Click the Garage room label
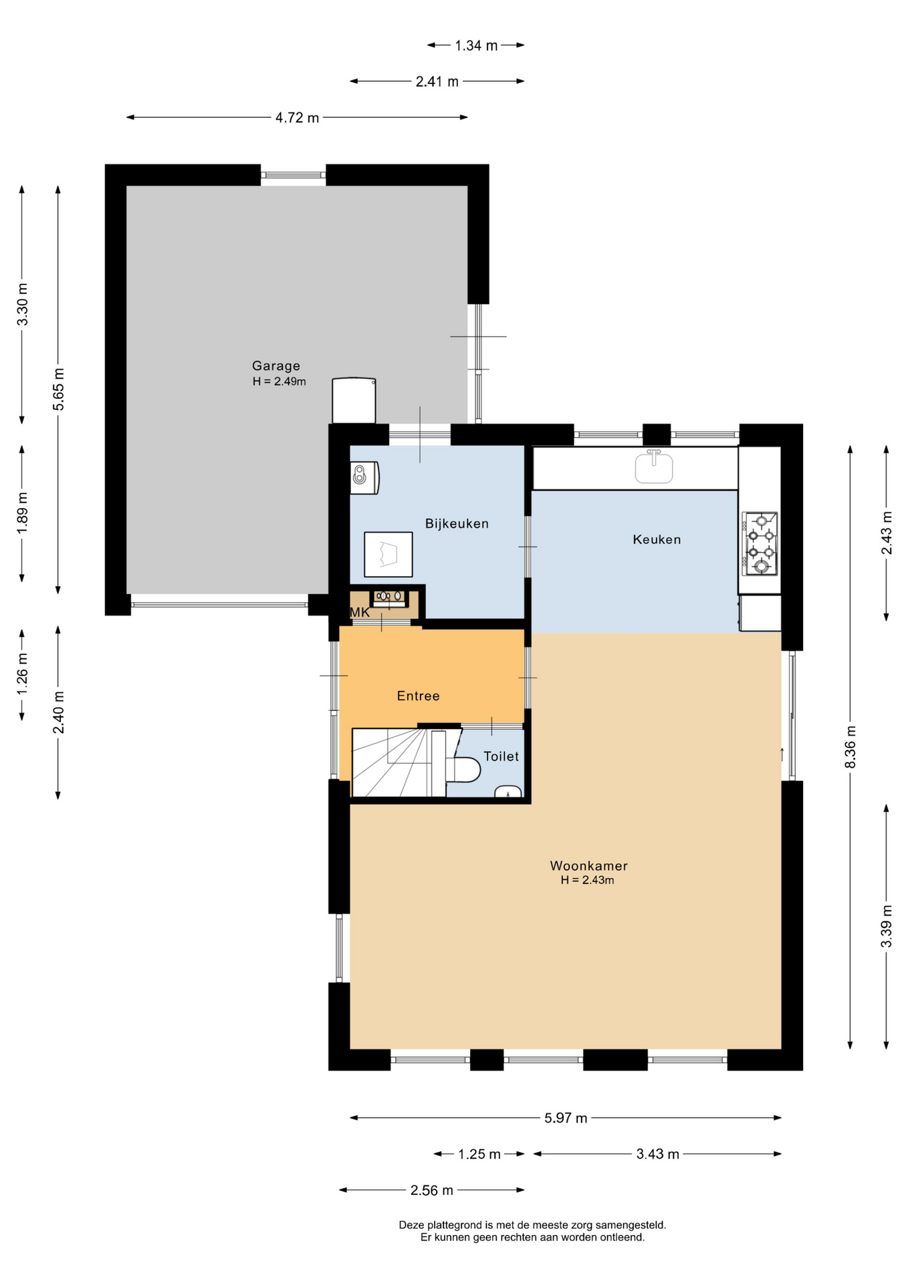(x=275, y=366)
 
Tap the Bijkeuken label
(x=457, y=523)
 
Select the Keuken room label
(x=657, y=539)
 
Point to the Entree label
(x=418, y=696)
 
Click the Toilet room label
(x=501, y=756)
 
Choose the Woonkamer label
(x=588, y=865)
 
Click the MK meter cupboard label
(x=360, y=612)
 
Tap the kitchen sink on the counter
(x=653, y=466)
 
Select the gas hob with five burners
(x=760, y=543)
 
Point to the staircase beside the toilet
(x=399, y=763)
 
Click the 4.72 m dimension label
(x=298, y=118)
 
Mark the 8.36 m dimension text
(x=850, y=746)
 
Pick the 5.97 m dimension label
(x=566, y=1118)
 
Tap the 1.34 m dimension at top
(x=476, y=45)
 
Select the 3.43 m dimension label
(x=657, y=1154)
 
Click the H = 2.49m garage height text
(x=279, y=382)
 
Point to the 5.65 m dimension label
(x=59, y=390)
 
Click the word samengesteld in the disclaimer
(x=631, y=1225)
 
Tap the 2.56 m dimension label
(x=431, y=1190)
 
